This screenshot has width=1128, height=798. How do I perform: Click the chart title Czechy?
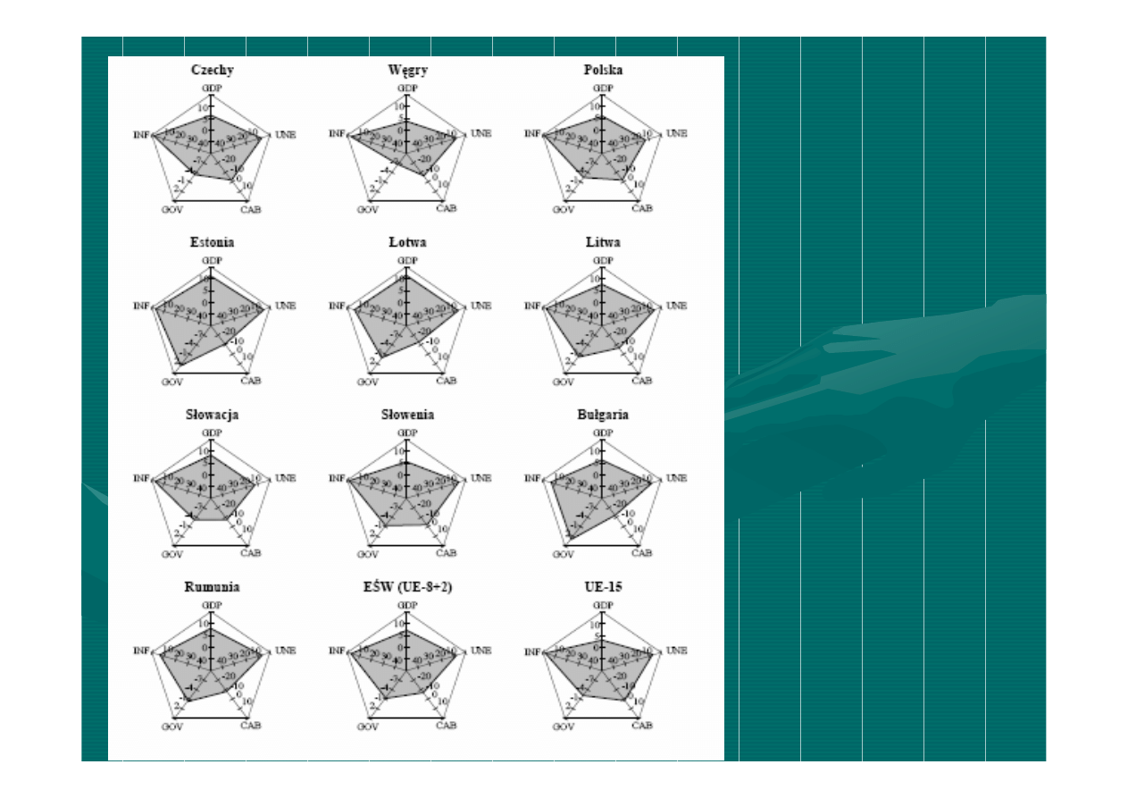pos(212,70)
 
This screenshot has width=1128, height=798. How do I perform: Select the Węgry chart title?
pos(407,70)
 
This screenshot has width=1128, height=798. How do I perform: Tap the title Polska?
pos(603,70)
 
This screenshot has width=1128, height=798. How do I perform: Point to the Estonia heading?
pos(212,242)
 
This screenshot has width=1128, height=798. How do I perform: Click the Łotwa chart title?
pos(407,242)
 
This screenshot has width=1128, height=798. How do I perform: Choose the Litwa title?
pos(603,242)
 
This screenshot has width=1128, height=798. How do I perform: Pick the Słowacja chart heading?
pos(212,415)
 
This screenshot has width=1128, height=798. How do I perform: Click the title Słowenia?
pos(407,415)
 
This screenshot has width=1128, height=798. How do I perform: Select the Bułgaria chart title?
pos(603,415)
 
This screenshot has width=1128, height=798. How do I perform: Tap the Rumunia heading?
pos(212,587)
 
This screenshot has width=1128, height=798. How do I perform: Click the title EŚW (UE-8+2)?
pos(407,587)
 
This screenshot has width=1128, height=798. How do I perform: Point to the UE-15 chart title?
pos(603,587)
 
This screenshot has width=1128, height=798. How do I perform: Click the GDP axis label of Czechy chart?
pos(212,88)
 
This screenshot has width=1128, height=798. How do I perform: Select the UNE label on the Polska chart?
pos(676,134)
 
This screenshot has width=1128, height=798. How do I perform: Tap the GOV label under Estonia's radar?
pos(171,382)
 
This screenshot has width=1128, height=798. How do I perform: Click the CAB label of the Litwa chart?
pos(641,382)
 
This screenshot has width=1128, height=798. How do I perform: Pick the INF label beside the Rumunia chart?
pos(141,651)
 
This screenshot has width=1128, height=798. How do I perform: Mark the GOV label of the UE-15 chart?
pos(563,727)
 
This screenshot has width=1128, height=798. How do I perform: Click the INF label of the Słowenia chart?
pos(337,478)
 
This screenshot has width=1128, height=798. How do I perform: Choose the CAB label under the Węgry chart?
pos(446,209)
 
